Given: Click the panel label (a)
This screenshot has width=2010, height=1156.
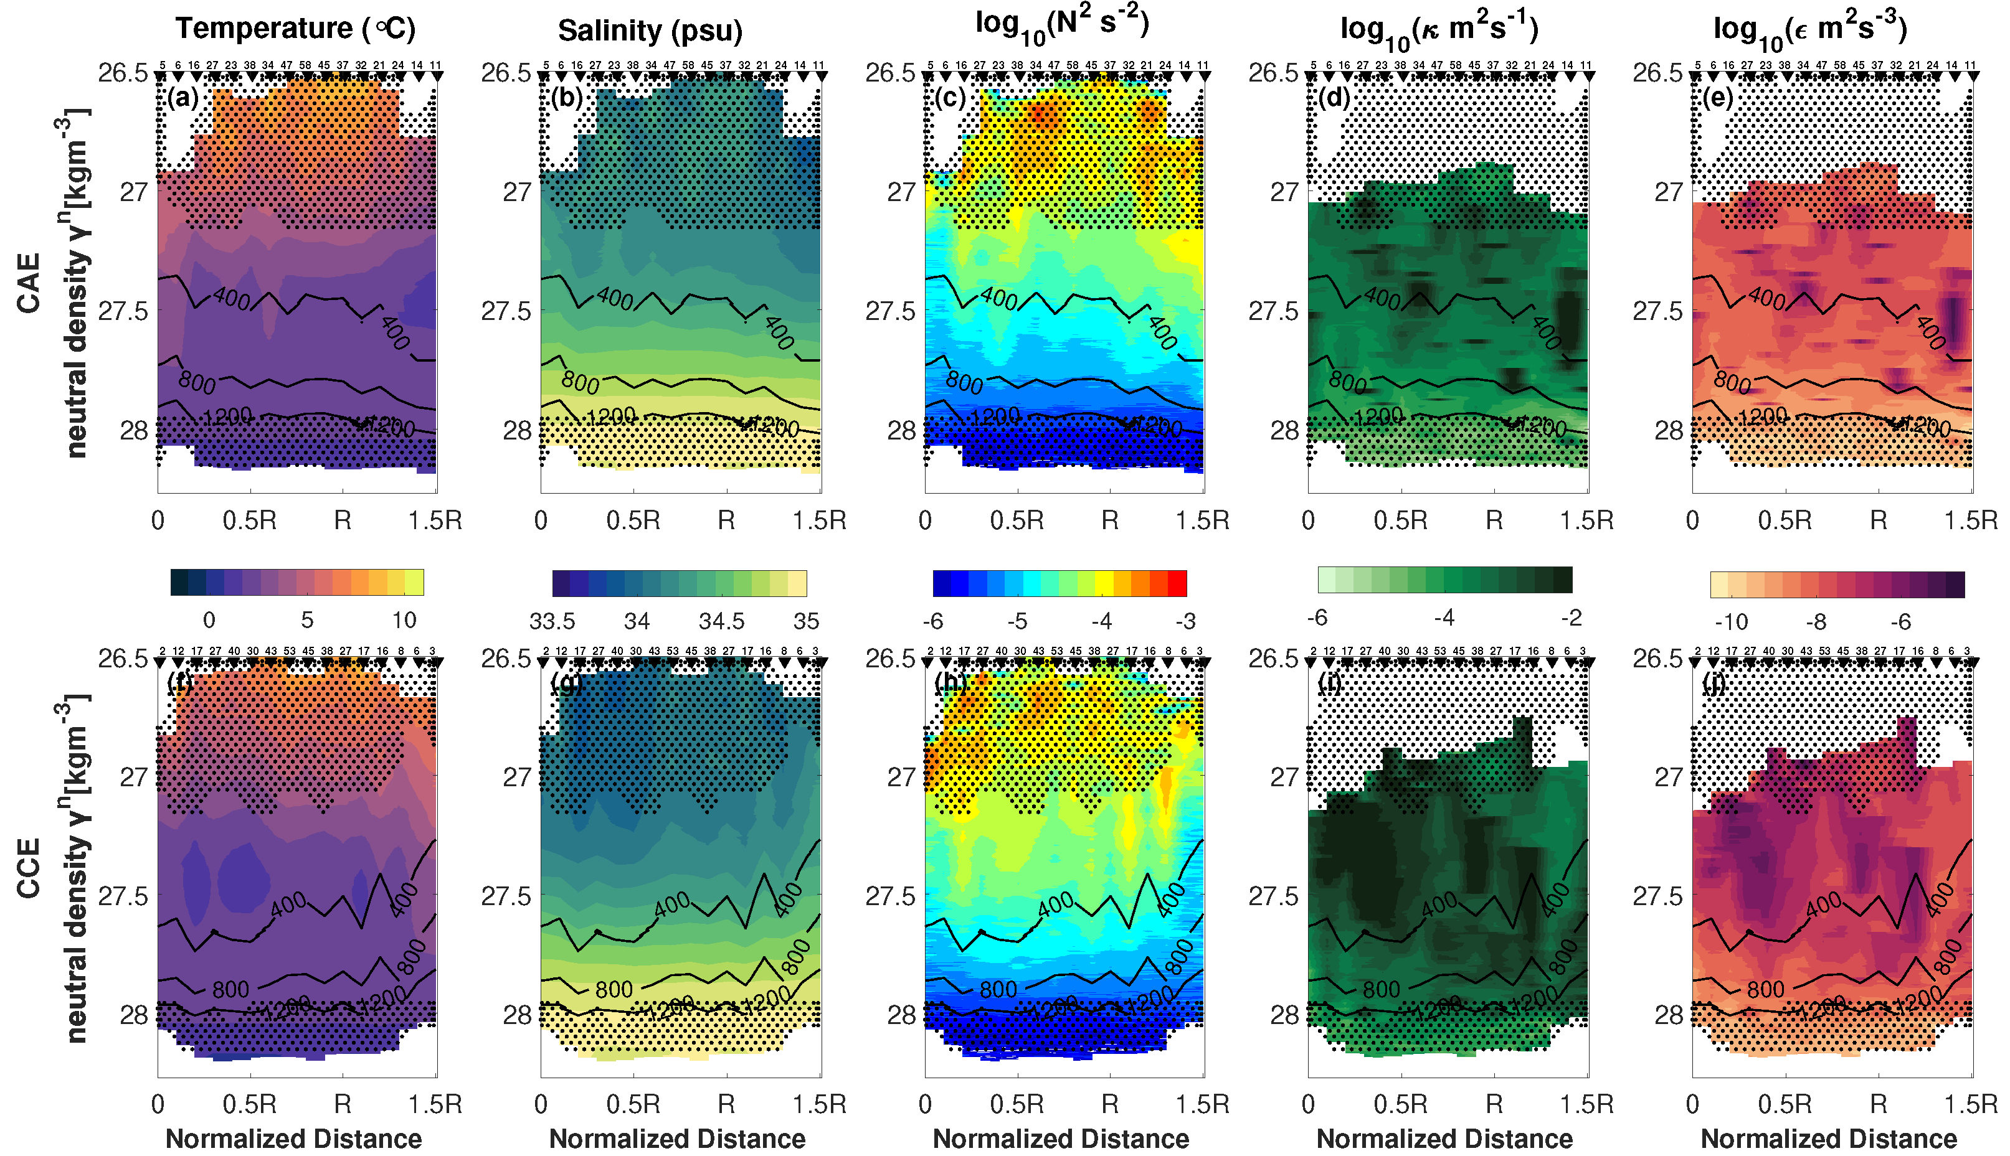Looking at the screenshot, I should [182, 98].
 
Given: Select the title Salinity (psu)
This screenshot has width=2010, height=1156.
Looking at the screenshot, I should [650, 30].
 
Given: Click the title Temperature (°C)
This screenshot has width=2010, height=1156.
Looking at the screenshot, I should [295, 29].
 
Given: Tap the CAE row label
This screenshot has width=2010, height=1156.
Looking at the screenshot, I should [29, 283].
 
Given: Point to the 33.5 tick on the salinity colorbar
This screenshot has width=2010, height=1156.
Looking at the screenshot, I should [552, 621].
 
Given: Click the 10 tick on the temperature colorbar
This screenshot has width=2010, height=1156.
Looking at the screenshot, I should [404, 620].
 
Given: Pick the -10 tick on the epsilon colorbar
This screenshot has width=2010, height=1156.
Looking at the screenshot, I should [1731, 622].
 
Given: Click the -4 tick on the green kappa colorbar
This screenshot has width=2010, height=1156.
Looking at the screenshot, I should [1444, 618].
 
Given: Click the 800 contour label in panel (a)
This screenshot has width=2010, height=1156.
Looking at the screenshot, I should [196, 383].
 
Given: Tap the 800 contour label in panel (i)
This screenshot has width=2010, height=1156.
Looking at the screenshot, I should [1381, 989].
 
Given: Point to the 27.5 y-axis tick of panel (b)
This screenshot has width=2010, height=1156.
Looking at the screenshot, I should [505, 311].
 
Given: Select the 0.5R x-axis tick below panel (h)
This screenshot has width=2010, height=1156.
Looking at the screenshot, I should [1017, 1104].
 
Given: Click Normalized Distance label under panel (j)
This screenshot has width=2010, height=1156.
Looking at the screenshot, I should [1828, 1139].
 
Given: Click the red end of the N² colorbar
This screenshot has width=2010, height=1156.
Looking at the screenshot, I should [1178, 583].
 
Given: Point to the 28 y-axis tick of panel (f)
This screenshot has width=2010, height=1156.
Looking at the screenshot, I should [133, 1015].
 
